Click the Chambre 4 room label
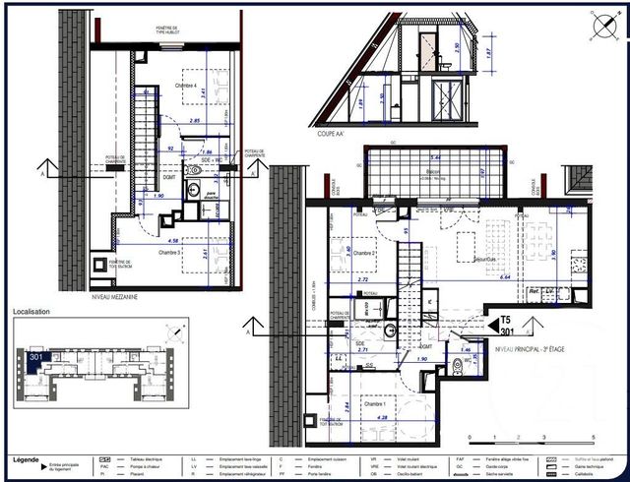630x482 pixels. pyautogui.click(x=191, y=86)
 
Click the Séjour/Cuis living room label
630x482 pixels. pyautogui.click(x=454, y=260)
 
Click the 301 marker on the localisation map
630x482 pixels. pyautogui.click(x=37, y=357)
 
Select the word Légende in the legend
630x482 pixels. pyautogui.click(x=27, y=459)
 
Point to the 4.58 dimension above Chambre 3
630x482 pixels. pyautogui.click(x=173, y=240)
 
